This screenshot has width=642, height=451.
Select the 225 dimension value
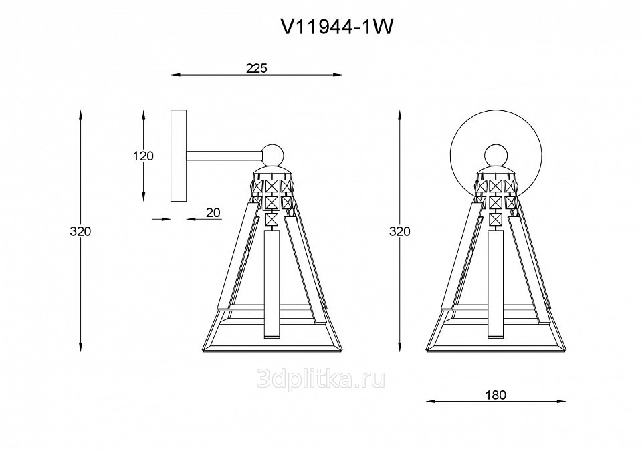click(256, 68)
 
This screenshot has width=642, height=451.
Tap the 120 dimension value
click(143, 156)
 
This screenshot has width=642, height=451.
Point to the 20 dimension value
click(213, 212)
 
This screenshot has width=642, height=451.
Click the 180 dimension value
click(496, 394)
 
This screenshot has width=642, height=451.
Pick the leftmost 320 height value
click(80, 231)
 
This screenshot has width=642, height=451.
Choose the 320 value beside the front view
click(399, 231)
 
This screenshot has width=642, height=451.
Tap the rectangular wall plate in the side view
click(179, 156)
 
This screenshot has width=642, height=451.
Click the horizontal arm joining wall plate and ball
click(225, 155)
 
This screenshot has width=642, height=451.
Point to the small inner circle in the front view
click(496, 155)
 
